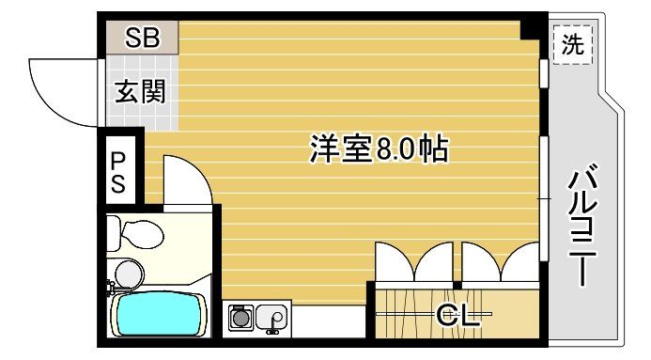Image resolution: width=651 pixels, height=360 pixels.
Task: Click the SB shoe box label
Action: (x=142, y=39)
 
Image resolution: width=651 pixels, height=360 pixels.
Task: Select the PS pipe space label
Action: (x=120, y=170)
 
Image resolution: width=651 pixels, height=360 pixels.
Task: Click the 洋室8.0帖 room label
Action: (x=378, y=148)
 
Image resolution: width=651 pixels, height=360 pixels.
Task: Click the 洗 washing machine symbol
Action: (x=572, y=43)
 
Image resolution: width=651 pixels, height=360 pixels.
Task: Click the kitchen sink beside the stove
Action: (x=271, y=318)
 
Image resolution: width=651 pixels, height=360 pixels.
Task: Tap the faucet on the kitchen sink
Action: (x=273, y=325)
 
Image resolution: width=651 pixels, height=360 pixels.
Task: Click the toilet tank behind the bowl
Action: (x=114, y=230)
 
